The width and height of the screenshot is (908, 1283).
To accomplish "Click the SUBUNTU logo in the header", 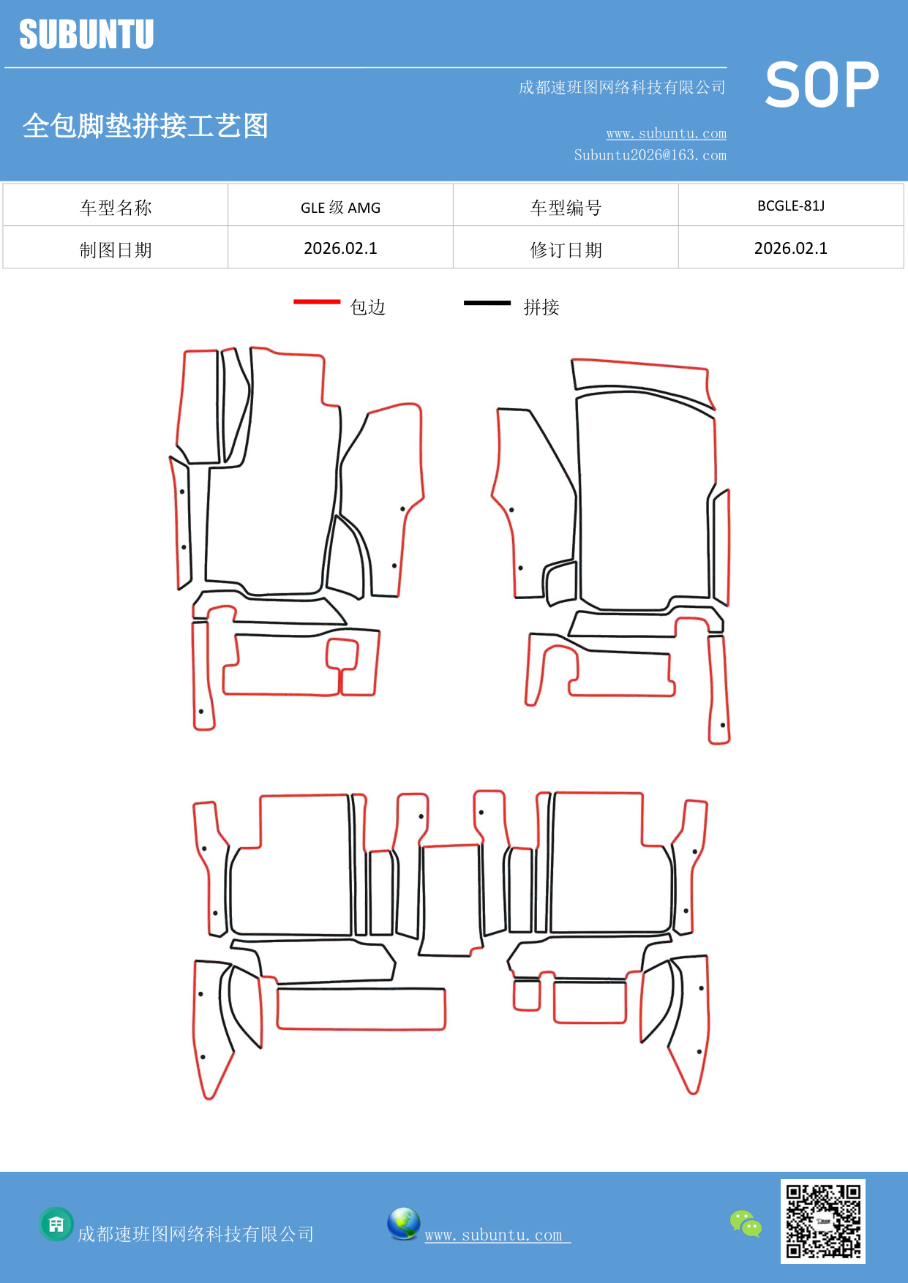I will coord(86,34).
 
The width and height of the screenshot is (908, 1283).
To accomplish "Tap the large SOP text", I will coord(822,85).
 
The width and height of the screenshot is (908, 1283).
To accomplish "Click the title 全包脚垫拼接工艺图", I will coord(146,126).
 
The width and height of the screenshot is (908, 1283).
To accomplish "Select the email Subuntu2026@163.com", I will coord(650,155).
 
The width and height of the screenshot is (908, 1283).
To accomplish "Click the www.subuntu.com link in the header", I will coord(666,133).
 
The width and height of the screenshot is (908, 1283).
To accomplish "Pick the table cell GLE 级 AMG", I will coord(340,207).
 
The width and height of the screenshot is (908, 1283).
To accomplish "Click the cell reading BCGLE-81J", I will coord(790,206).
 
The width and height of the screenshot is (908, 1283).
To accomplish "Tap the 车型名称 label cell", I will coord(116,207).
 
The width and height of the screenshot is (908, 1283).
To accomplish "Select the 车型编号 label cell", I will coord(566,207).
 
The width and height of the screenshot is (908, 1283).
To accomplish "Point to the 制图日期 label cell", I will coord(116,249).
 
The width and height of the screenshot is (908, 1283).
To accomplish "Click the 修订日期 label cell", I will coord(566,249).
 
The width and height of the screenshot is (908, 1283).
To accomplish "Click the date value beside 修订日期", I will coord(790,248).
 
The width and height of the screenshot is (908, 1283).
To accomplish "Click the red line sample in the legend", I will coord(317,301).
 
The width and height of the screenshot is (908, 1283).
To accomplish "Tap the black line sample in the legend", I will coord(487,302).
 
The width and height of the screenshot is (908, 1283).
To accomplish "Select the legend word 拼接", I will coord(541,307).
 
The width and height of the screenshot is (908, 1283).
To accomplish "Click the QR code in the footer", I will coord(822,1221).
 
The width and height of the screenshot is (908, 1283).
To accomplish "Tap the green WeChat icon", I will coord(746,1223).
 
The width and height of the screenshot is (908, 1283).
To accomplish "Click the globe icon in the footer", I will coord(403,1224).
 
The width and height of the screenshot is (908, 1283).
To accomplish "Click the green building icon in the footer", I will coord(56,1224).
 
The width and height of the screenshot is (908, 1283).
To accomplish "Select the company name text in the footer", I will coord(195,1234).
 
